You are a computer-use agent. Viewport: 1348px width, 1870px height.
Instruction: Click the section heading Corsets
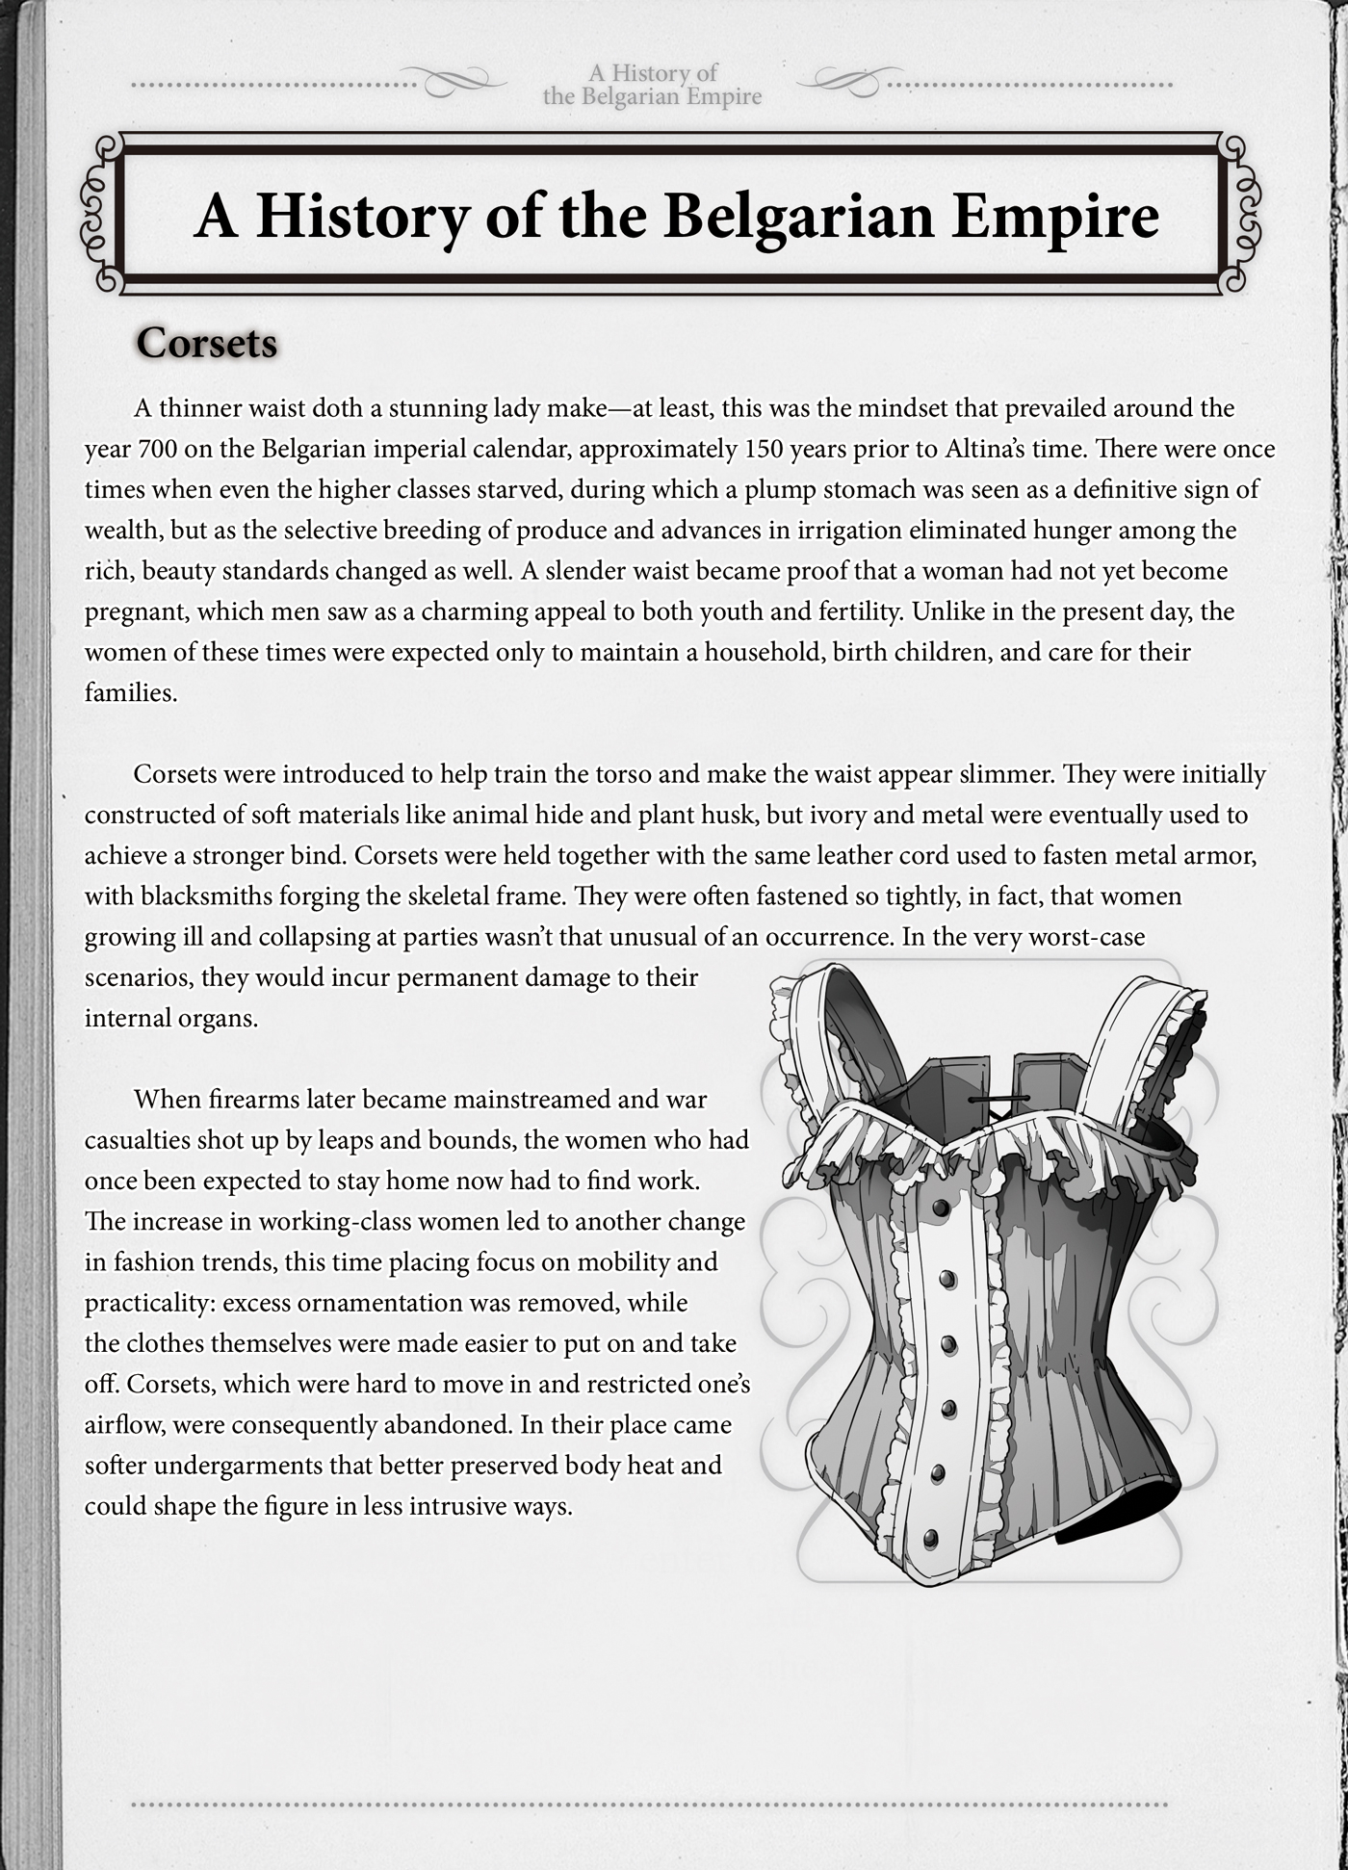tap(206, 344)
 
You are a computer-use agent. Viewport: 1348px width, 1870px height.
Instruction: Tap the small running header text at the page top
tap(652, 85)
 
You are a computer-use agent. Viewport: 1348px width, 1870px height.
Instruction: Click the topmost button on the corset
tap(941, 1208)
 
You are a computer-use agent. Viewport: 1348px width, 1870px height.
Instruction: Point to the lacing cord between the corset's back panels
tap(998, 1099)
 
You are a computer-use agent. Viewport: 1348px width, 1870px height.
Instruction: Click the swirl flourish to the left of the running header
tap(453, 82)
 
